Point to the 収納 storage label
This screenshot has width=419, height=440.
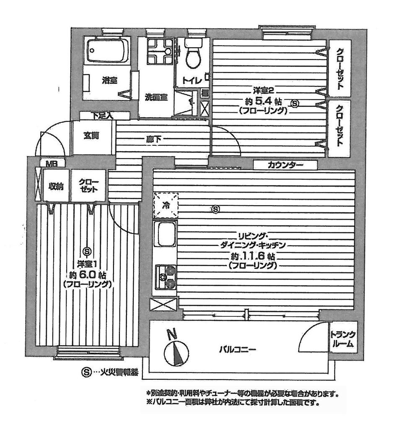click(56, 186)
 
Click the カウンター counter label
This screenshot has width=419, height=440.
click(285, 166)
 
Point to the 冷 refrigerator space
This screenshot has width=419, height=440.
click(166, 205)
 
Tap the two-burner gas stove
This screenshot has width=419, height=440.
click(165, 276)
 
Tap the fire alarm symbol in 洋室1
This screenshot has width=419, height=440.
click(87, 251)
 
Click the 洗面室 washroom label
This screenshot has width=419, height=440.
click(156, 97)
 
